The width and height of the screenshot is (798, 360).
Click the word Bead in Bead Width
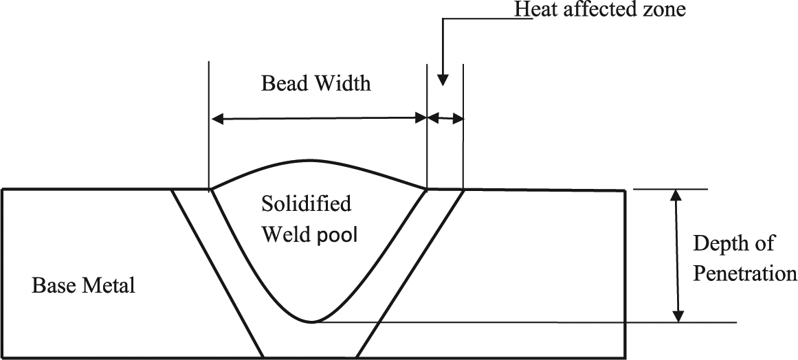[280, 83]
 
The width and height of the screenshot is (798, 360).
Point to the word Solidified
[306, 203]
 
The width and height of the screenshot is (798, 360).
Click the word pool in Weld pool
[338, 236]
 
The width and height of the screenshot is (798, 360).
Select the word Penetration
[745, 273]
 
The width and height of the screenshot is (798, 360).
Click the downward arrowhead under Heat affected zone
[443, 80]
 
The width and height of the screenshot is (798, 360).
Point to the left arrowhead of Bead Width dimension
[217, 120]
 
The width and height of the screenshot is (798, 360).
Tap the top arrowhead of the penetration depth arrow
[676, 196]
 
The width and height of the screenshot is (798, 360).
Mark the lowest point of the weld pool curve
[311, 322]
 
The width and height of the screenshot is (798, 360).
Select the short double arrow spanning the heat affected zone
[445, 118]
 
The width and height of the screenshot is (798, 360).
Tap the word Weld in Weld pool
[287, 236]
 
